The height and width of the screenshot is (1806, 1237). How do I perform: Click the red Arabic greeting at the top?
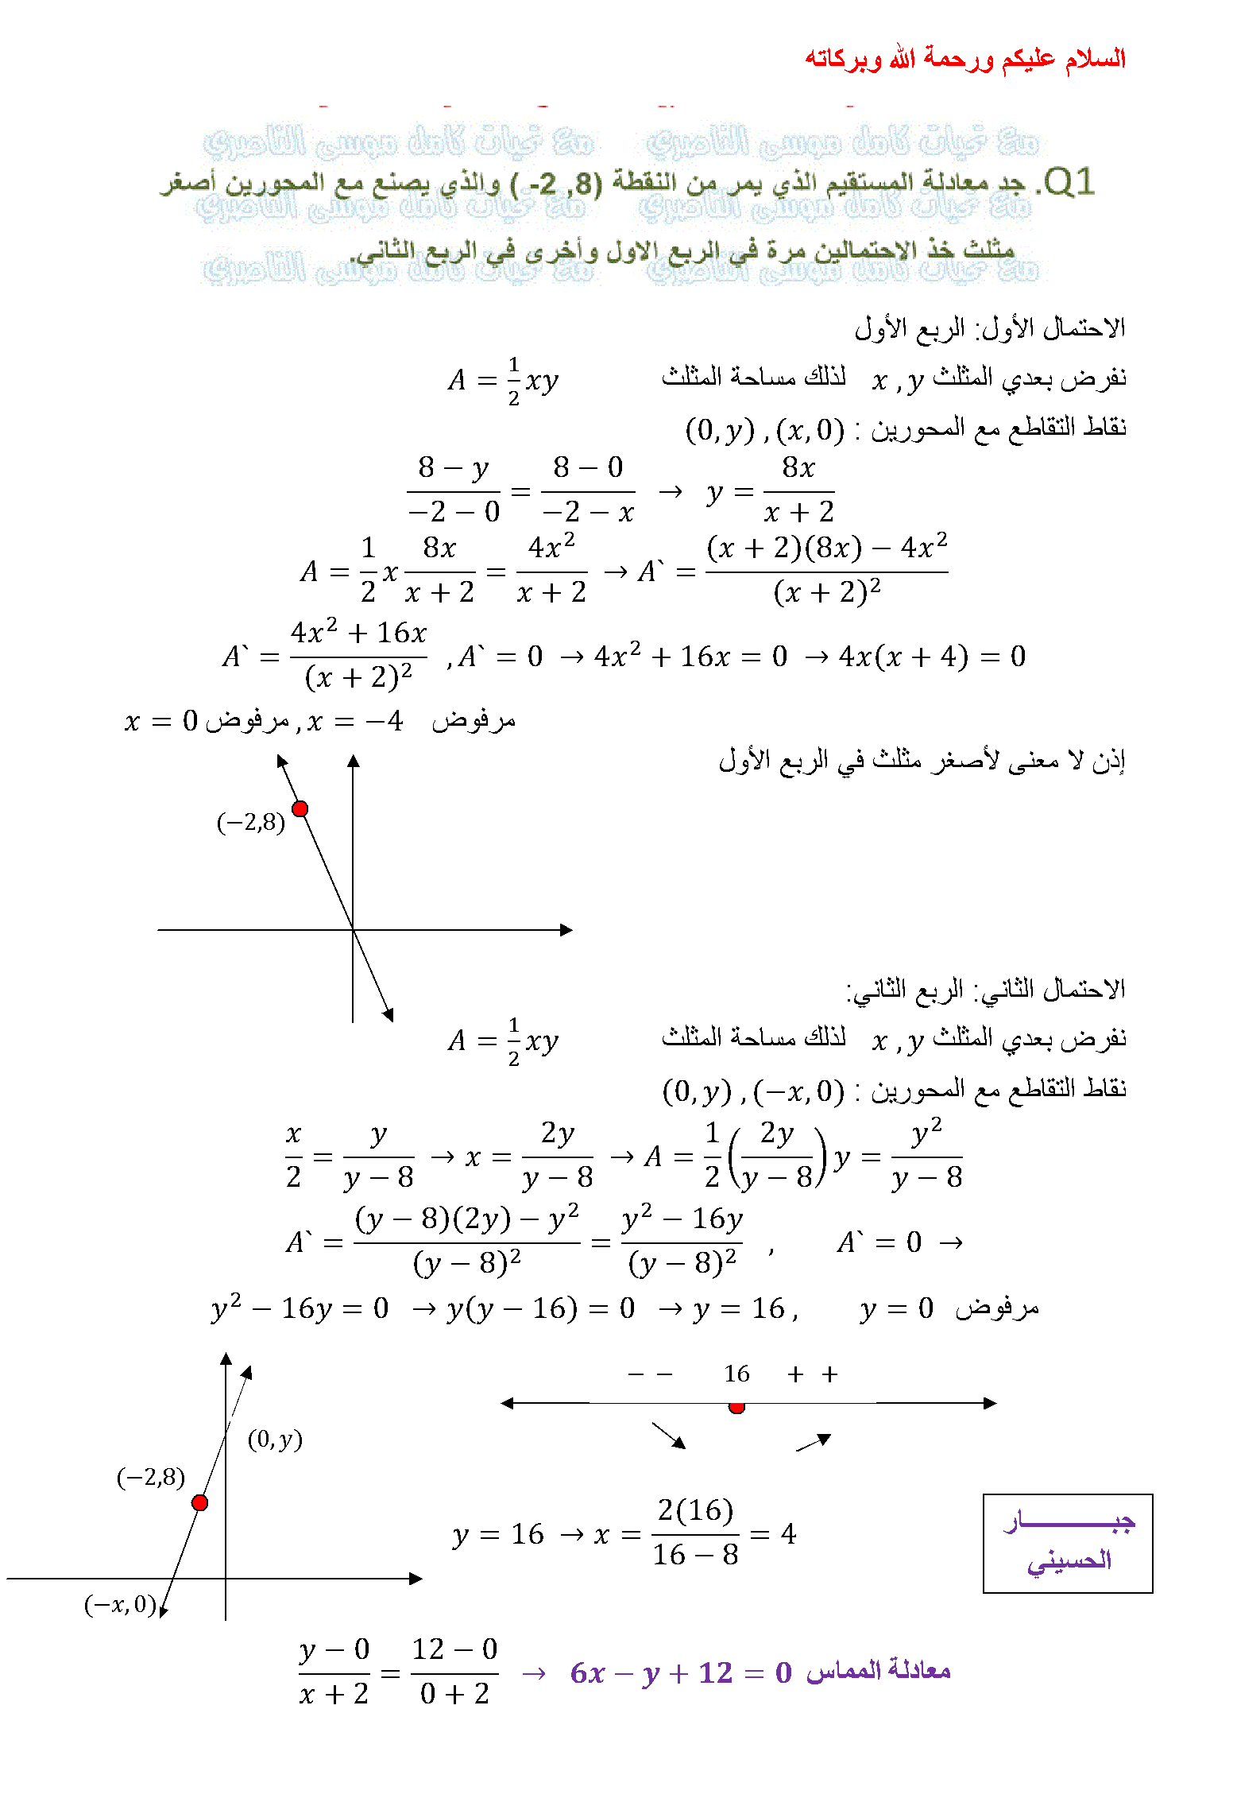click(964, 58)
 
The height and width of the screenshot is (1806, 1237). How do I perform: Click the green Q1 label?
click(1069, 182)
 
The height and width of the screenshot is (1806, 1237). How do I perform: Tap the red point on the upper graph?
click(300, 808)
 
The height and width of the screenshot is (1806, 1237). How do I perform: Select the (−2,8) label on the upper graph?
click(250, 822)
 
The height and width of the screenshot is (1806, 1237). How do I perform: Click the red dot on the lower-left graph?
click(199, 1502)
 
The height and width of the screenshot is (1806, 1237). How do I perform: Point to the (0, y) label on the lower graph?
click(275, 1439)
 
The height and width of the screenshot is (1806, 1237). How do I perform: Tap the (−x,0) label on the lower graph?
click(120, 1604)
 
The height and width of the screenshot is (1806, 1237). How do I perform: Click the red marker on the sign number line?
click(736, 1407)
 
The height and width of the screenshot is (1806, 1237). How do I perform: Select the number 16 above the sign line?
click(736, 1374)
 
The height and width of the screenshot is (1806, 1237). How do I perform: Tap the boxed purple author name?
click(1068, 1543)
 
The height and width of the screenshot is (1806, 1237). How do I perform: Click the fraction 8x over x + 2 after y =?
click(798, 490)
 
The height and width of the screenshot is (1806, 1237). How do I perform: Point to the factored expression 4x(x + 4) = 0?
click(932, 657)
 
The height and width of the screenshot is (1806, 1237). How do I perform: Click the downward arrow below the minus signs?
click(668, 1435)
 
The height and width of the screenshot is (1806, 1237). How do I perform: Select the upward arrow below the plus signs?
click(814, 1442)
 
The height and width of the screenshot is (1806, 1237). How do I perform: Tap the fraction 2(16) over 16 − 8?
click(695, 1532)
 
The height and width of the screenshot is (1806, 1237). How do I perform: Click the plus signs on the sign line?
click(812, 1374)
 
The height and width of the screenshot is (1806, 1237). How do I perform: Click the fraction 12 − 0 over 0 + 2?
click(454, 1672)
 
